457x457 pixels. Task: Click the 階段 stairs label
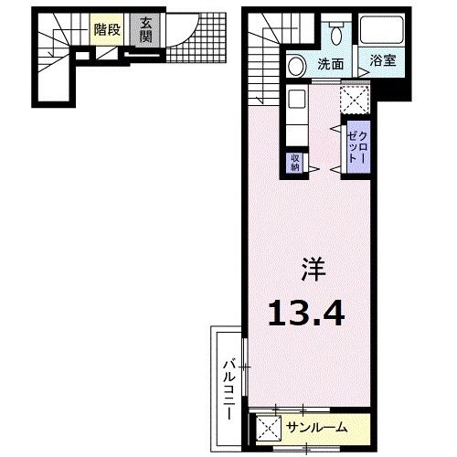107,29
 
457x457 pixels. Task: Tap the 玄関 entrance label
145,29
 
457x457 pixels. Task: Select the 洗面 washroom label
331,64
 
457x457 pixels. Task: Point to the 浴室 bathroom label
383,60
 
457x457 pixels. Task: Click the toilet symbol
336,33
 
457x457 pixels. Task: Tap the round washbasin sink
296,66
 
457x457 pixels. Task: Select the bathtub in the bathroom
382,30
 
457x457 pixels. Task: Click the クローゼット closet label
358,147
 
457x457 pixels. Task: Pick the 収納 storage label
295,163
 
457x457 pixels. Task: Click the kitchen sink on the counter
296,99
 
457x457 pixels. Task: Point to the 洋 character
314,270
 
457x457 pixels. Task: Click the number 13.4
306,313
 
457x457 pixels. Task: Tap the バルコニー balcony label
229,390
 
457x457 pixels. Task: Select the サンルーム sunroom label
317,428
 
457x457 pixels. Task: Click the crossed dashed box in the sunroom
269,429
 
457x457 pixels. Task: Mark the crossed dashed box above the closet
355,100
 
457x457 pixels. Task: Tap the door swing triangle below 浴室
363,72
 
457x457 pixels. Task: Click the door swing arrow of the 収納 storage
314,169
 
